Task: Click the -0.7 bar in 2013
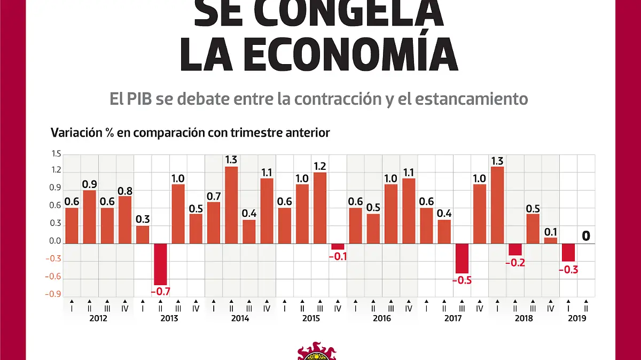[x=160, y=264]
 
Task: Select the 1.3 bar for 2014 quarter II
[x=231, y=205]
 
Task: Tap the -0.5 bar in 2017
[x=462, y=259]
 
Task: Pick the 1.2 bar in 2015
[x=320, y=208]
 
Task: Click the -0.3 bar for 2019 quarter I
[x=568, y=253]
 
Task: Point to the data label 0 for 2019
[x=586, y=236]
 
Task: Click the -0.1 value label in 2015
[x=338, y=256]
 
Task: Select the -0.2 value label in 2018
[x=515, y=262]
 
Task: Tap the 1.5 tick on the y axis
[x=56, y=154]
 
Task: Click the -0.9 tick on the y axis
[x=54, y=294]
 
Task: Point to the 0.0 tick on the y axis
[x=56, y=241]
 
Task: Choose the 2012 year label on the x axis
[x=98, y=318]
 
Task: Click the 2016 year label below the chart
[x=382, y=318]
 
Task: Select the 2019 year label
[x=577, y=318]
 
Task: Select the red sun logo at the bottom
[x=317, y=353]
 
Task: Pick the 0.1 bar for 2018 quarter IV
[x=551, y=240]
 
